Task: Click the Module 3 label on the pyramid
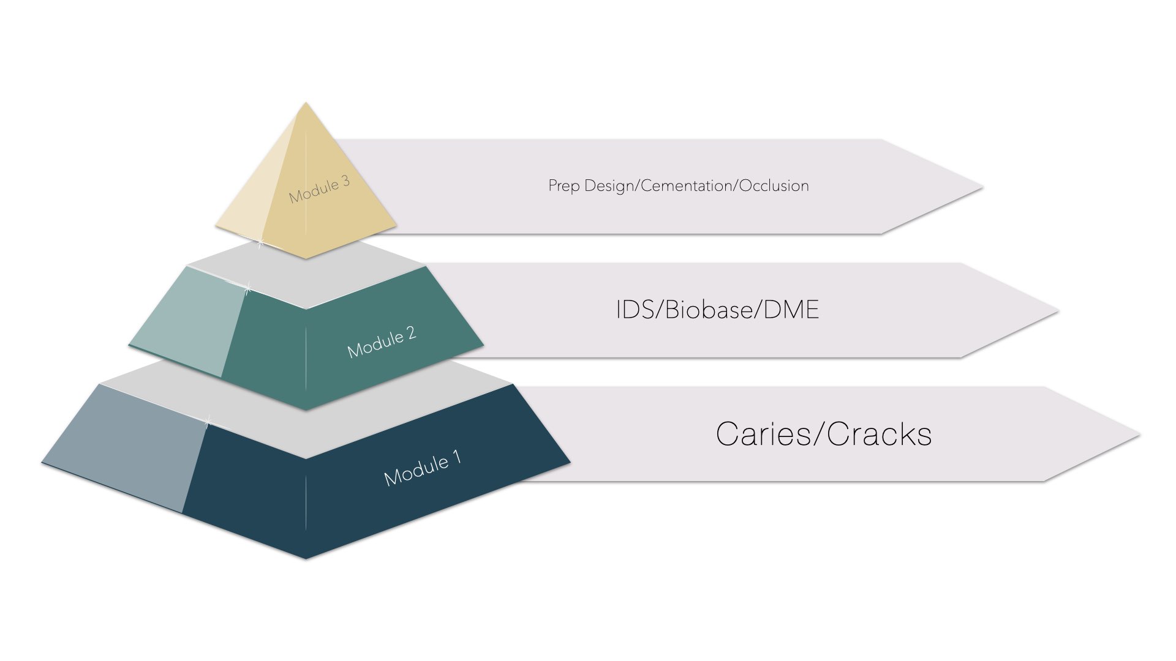tap(319, 190)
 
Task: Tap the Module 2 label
tap(382, 342)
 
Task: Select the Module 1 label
tap(423, 468)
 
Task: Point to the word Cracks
tap(879, 435)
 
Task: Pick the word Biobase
tap(709, 310)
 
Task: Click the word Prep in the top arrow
tap(564, 186)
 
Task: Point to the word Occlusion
tap(774, 186)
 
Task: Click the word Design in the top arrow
tap(611, 186)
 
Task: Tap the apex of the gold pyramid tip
tap(306, 103)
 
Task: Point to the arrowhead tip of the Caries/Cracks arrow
tap(1138, 435)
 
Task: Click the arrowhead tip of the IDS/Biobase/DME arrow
tap(1057, 311)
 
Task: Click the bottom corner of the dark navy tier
tap(306, 558)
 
